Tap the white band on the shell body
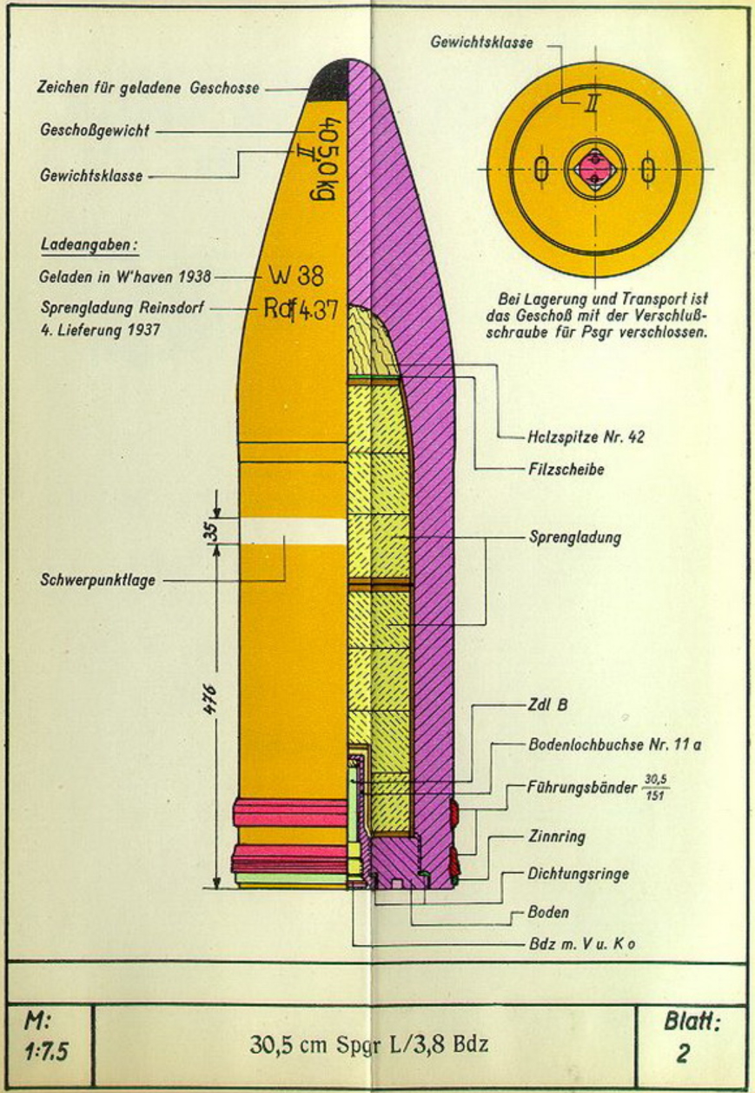[294, 531]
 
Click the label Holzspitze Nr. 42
[586, 437]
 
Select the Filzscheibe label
[566, 470]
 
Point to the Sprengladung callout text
[575, 537]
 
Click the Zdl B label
[548, 705]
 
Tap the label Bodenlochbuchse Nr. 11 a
[615, 745]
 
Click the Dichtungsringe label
[578, 873]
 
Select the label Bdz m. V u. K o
[582, 943]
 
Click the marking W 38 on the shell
[296, 277]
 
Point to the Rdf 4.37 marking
[301, 310]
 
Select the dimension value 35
[210, 531]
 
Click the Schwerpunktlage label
[98, 580]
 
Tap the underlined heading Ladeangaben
[89, 245]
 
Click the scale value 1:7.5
[46, 1051]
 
